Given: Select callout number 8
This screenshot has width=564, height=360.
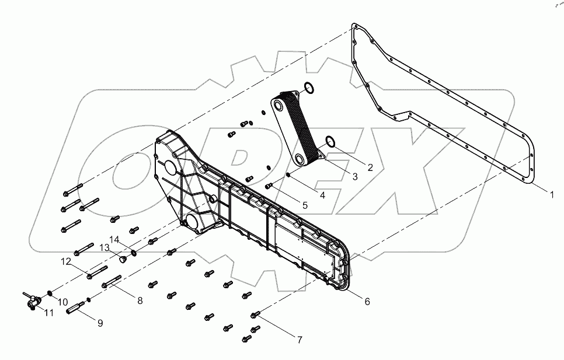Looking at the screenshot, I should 140,301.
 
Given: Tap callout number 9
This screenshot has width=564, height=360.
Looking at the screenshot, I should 100,322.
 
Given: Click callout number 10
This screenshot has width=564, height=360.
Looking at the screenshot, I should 64,301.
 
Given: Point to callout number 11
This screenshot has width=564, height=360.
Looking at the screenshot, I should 49,314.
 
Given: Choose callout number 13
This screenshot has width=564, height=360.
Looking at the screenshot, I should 104,247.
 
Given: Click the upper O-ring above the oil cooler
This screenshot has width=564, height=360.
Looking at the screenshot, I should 309,89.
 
